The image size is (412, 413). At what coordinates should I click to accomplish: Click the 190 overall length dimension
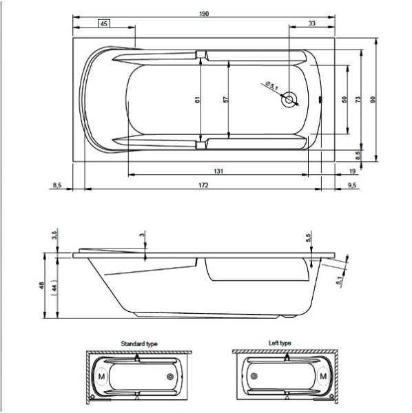coord(204,13)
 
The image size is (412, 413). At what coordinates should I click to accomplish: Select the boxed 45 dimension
coord(105,23)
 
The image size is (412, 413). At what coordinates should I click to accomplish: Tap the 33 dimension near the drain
coord(312,23)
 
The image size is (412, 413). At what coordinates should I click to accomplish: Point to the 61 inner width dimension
coord(198,100)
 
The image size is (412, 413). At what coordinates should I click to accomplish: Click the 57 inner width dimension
coord(225,100)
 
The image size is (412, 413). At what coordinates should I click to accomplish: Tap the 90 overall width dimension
coord(373,100)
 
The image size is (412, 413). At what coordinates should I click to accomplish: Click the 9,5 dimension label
coord(351,185)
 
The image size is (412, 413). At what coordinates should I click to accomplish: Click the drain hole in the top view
coord(289,100)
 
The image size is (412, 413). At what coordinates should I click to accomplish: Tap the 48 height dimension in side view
coord(43,286)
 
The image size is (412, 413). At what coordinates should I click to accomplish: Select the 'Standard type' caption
coord(138,342)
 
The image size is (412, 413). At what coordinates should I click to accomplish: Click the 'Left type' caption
coord(280,342)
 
